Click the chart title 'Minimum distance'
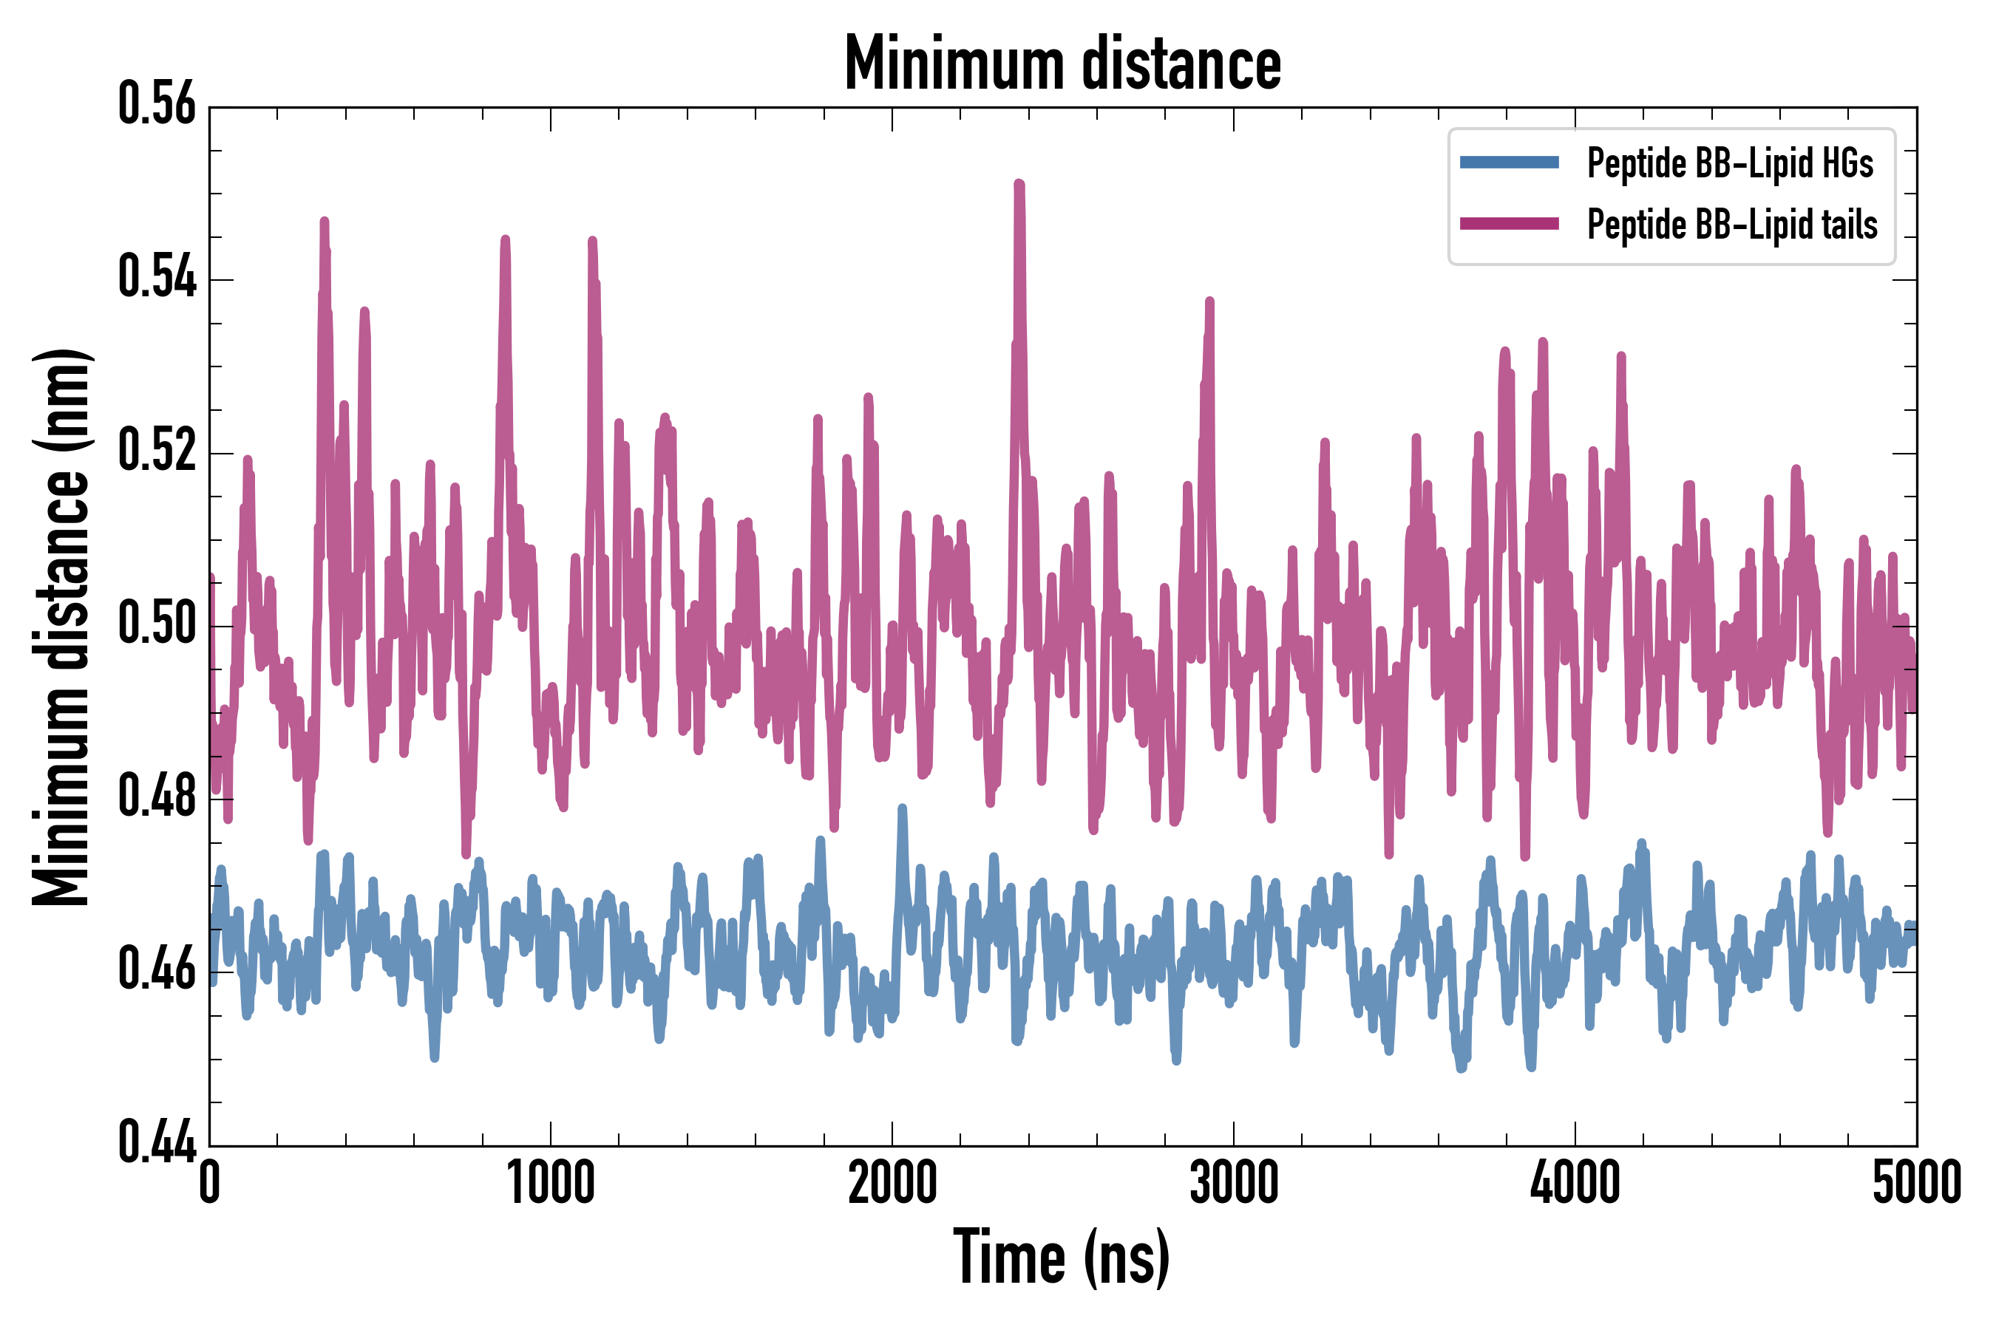click(x=1062, y=64)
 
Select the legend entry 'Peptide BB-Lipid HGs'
click(x=1730, y=163)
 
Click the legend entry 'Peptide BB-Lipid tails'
click(x=1732, y=225)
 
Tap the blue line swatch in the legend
click(x=1509, y=163)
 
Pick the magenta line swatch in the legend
click(x=1509, y=224)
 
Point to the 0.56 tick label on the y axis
click(x=157, y=104)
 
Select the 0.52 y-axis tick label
click(x=157, y=451)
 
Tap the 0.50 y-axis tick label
click(x=157, y=624)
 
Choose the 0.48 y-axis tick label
click(x=157, y=797)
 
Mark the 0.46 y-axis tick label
click(x=157, y=969)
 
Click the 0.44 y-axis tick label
click(x=157, y=1142)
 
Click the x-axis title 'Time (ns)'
click(x=1062, y=1257)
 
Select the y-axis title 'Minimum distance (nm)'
click(x=61, y=627)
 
